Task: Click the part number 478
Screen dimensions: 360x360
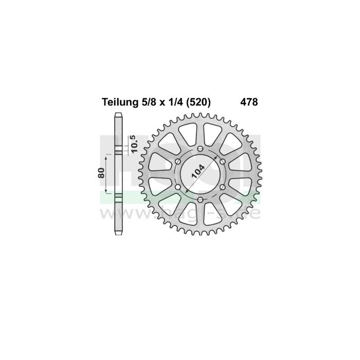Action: pos(249,102)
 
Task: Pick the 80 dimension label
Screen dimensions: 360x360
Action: pos(102,173)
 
